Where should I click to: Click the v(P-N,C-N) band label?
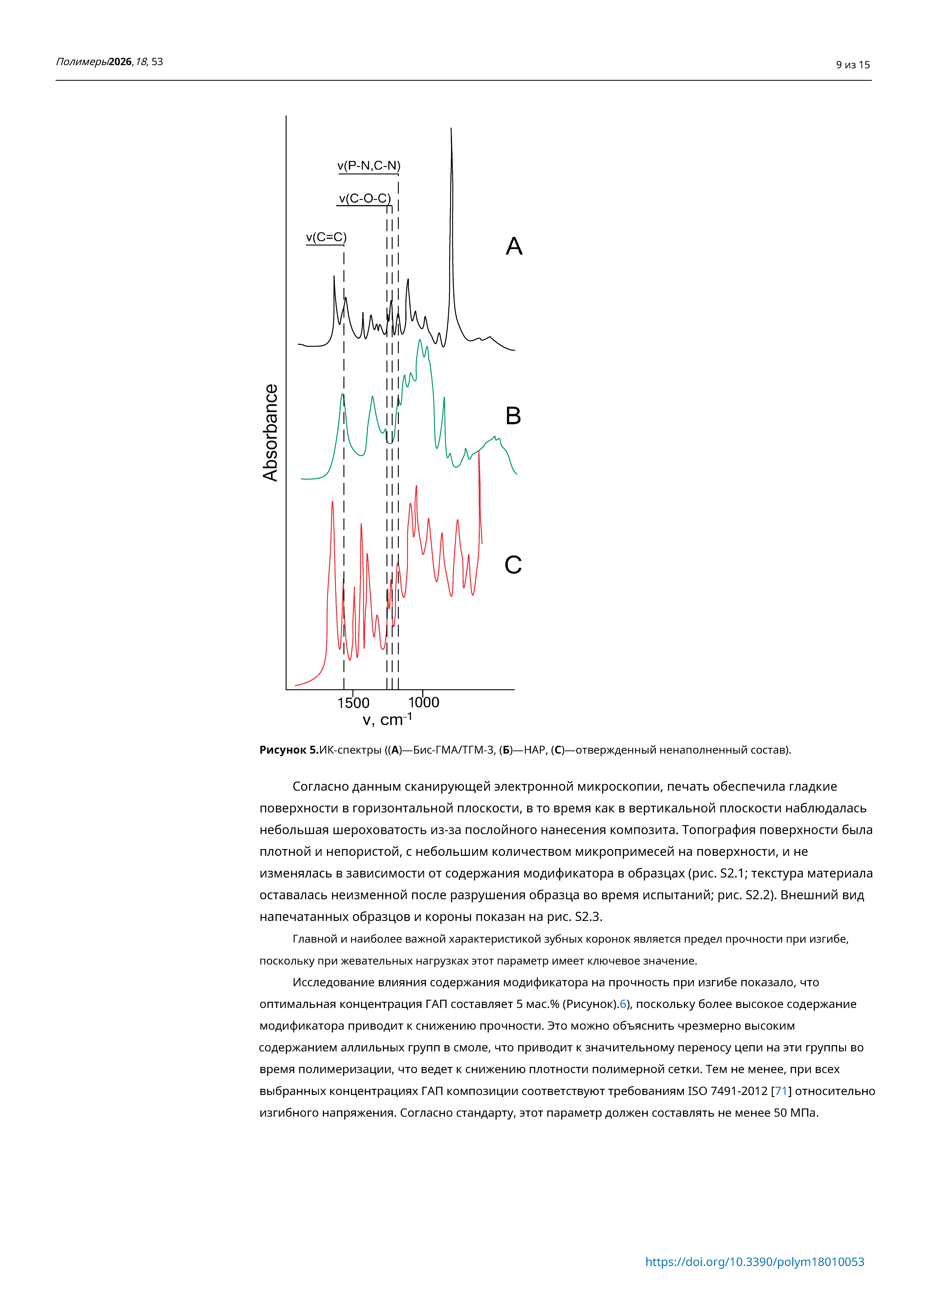(x=369, y=166)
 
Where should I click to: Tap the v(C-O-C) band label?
(x=365, y=198)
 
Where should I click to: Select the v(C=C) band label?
(x=326, y=237)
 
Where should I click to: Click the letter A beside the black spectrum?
(x=514, y=246)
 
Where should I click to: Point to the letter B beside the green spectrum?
(x=513, y=416)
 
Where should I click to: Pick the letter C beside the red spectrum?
(x=513, y=565)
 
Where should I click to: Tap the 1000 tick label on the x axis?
(x=424, y=702)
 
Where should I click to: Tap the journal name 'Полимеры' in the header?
(x=82, y=62)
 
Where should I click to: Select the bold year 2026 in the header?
(x=120, y=62)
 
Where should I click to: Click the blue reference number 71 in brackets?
(x=781, y=1090)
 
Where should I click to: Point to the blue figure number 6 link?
(x=623, y=1004)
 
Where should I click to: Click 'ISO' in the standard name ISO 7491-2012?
(x=697, y=1090)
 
